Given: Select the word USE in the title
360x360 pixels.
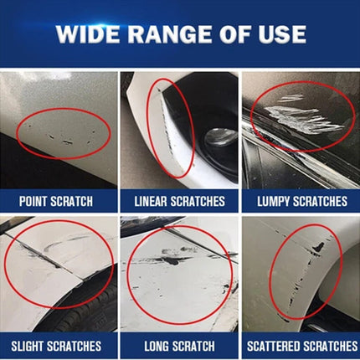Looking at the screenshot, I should tap(283, 35).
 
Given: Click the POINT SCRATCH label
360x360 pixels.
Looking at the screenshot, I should tap(56, 201).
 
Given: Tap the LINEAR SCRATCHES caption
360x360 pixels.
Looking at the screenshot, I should tap(179, 201).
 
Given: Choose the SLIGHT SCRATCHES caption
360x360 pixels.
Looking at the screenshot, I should tap(56, 345).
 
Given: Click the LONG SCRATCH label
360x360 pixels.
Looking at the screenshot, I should tap(179, 345).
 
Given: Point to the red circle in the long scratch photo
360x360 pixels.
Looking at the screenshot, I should tap(180, 272).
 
